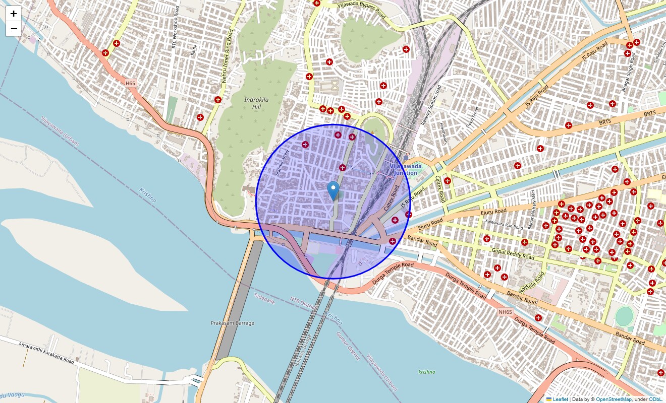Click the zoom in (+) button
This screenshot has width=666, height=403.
point(14,14)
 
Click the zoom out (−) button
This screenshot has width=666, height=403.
point(14,29)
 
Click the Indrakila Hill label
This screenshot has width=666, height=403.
point(256,103)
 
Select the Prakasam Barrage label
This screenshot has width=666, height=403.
point(233,323)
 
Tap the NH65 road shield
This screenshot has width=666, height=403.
point(505,312)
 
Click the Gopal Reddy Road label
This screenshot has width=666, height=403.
point(513,253)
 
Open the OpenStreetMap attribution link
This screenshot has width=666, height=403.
point(614,399)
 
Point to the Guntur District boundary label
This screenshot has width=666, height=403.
point(348,346)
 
